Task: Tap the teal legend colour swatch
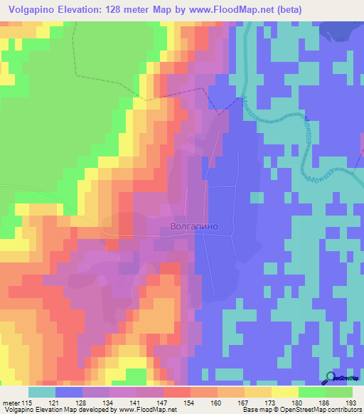[x=41, y=391]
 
